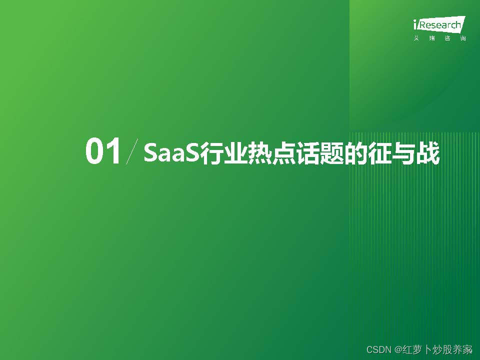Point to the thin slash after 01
tap(132, 152)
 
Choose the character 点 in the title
tap(277, 153)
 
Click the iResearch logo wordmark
tap(439, 24)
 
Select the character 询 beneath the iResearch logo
tap(462, 39)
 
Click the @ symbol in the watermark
tap(398, 349)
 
